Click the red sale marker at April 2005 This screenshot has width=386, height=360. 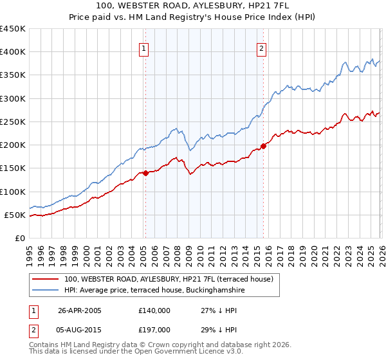[x=145, y=172]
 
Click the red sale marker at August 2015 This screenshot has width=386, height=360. [x=262, y=146]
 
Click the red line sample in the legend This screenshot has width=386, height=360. [x=46, y=279]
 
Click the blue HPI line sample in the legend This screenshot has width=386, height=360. [x=46, y=291]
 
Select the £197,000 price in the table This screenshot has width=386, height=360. [x=154, y=329]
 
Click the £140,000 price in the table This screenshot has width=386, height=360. [x=154, y=310]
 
